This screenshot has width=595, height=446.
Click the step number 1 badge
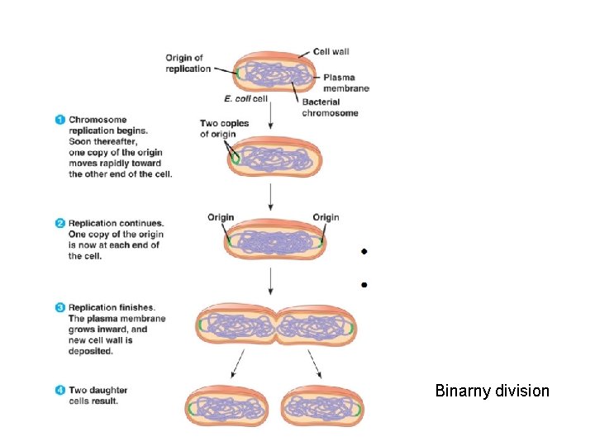click(x=60, y=120)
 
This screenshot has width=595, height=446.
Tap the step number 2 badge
click(x=60, y=224)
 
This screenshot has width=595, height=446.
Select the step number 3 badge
click(x=60, y=308)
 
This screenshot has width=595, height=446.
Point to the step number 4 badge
click(x=60, y=391)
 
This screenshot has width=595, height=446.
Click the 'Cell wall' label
click(x=331, y=51)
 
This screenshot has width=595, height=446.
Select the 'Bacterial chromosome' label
click(x=330, y=107)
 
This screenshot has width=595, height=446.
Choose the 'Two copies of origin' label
click(x=224, y=129)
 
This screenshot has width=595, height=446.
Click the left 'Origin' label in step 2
click(x=221, y=217)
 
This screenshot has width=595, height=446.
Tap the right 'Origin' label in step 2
click(x=326, y=217)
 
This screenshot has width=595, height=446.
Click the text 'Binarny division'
click(x=492, y=391)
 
